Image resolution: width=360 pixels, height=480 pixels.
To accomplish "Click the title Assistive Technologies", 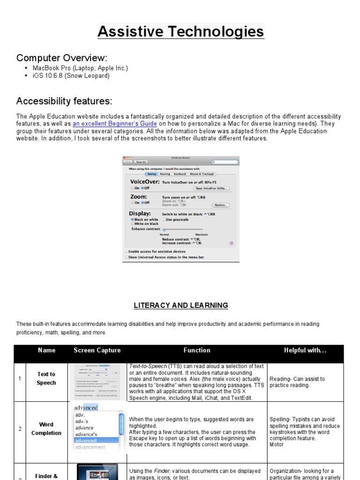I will coord(180,32).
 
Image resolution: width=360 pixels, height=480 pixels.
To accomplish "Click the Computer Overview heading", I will coord(62,58).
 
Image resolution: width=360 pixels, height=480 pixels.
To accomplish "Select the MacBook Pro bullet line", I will coord(80,68).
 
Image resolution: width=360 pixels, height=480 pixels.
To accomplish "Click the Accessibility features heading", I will coord(64,101).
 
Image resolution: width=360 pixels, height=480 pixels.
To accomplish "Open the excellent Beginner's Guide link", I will coord(115,124).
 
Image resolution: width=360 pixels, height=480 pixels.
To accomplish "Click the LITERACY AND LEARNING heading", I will coord(180,305).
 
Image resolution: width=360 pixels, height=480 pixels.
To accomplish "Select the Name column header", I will coord(46,350).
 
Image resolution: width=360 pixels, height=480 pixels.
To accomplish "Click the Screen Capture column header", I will coord(97,350).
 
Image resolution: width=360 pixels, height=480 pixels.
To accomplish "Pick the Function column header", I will coord(196,350).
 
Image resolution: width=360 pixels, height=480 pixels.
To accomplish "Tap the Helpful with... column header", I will coord(305,350).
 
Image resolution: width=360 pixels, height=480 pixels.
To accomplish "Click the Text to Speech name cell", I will coord(46,378).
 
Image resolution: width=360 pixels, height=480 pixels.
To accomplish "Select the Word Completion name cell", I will coord(46,429).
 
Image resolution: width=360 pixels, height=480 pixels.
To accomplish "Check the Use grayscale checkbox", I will coord(164,219).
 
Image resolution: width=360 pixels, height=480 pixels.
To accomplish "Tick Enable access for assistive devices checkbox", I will coord(126,251).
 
